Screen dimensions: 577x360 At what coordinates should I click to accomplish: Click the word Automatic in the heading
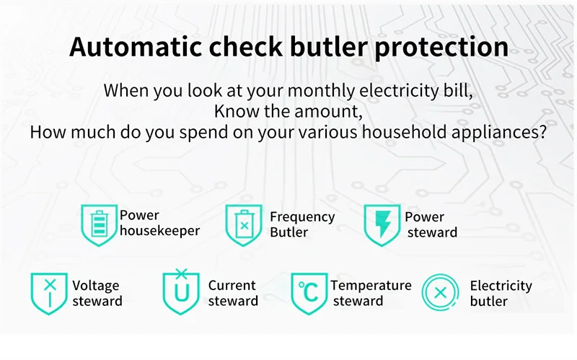136,47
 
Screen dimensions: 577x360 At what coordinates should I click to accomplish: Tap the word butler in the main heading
329,47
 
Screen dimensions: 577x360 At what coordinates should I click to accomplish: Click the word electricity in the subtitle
399,91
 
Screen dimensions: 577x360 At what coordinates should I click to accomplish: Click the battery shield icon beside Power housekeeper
99,225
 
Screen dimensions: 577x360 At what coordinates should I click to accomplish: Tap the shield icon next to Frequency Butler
244,225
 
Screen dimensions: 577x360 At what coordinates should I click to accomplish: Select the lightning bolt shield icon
382,225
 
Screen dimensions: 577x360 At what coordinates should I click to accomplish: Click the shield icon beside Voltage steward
49,294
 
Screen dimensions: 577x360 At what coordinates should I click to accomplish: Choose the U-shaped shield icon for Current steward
181,291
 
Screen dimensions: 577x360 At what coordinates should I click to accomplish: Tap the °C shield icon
309,294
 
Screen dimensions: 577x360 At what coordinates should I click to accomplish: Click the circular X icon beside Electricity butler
440,293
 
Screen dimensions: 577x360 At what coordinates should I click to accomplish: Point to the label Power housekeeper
159,223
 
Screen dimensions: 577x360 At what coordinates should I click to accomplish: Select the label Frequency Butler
302,224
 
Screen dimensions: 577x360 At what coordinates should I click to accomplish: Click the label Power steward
431,224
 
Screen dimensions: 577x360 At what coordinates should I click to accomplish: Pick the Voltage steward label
97,293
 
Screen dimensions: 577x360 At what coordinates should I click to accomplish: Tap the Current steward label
233,293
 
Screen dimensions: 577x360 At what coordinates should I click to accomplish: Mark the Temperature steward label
371,293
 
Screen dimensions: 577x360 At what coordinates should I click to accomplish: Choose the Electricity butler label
501,294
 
